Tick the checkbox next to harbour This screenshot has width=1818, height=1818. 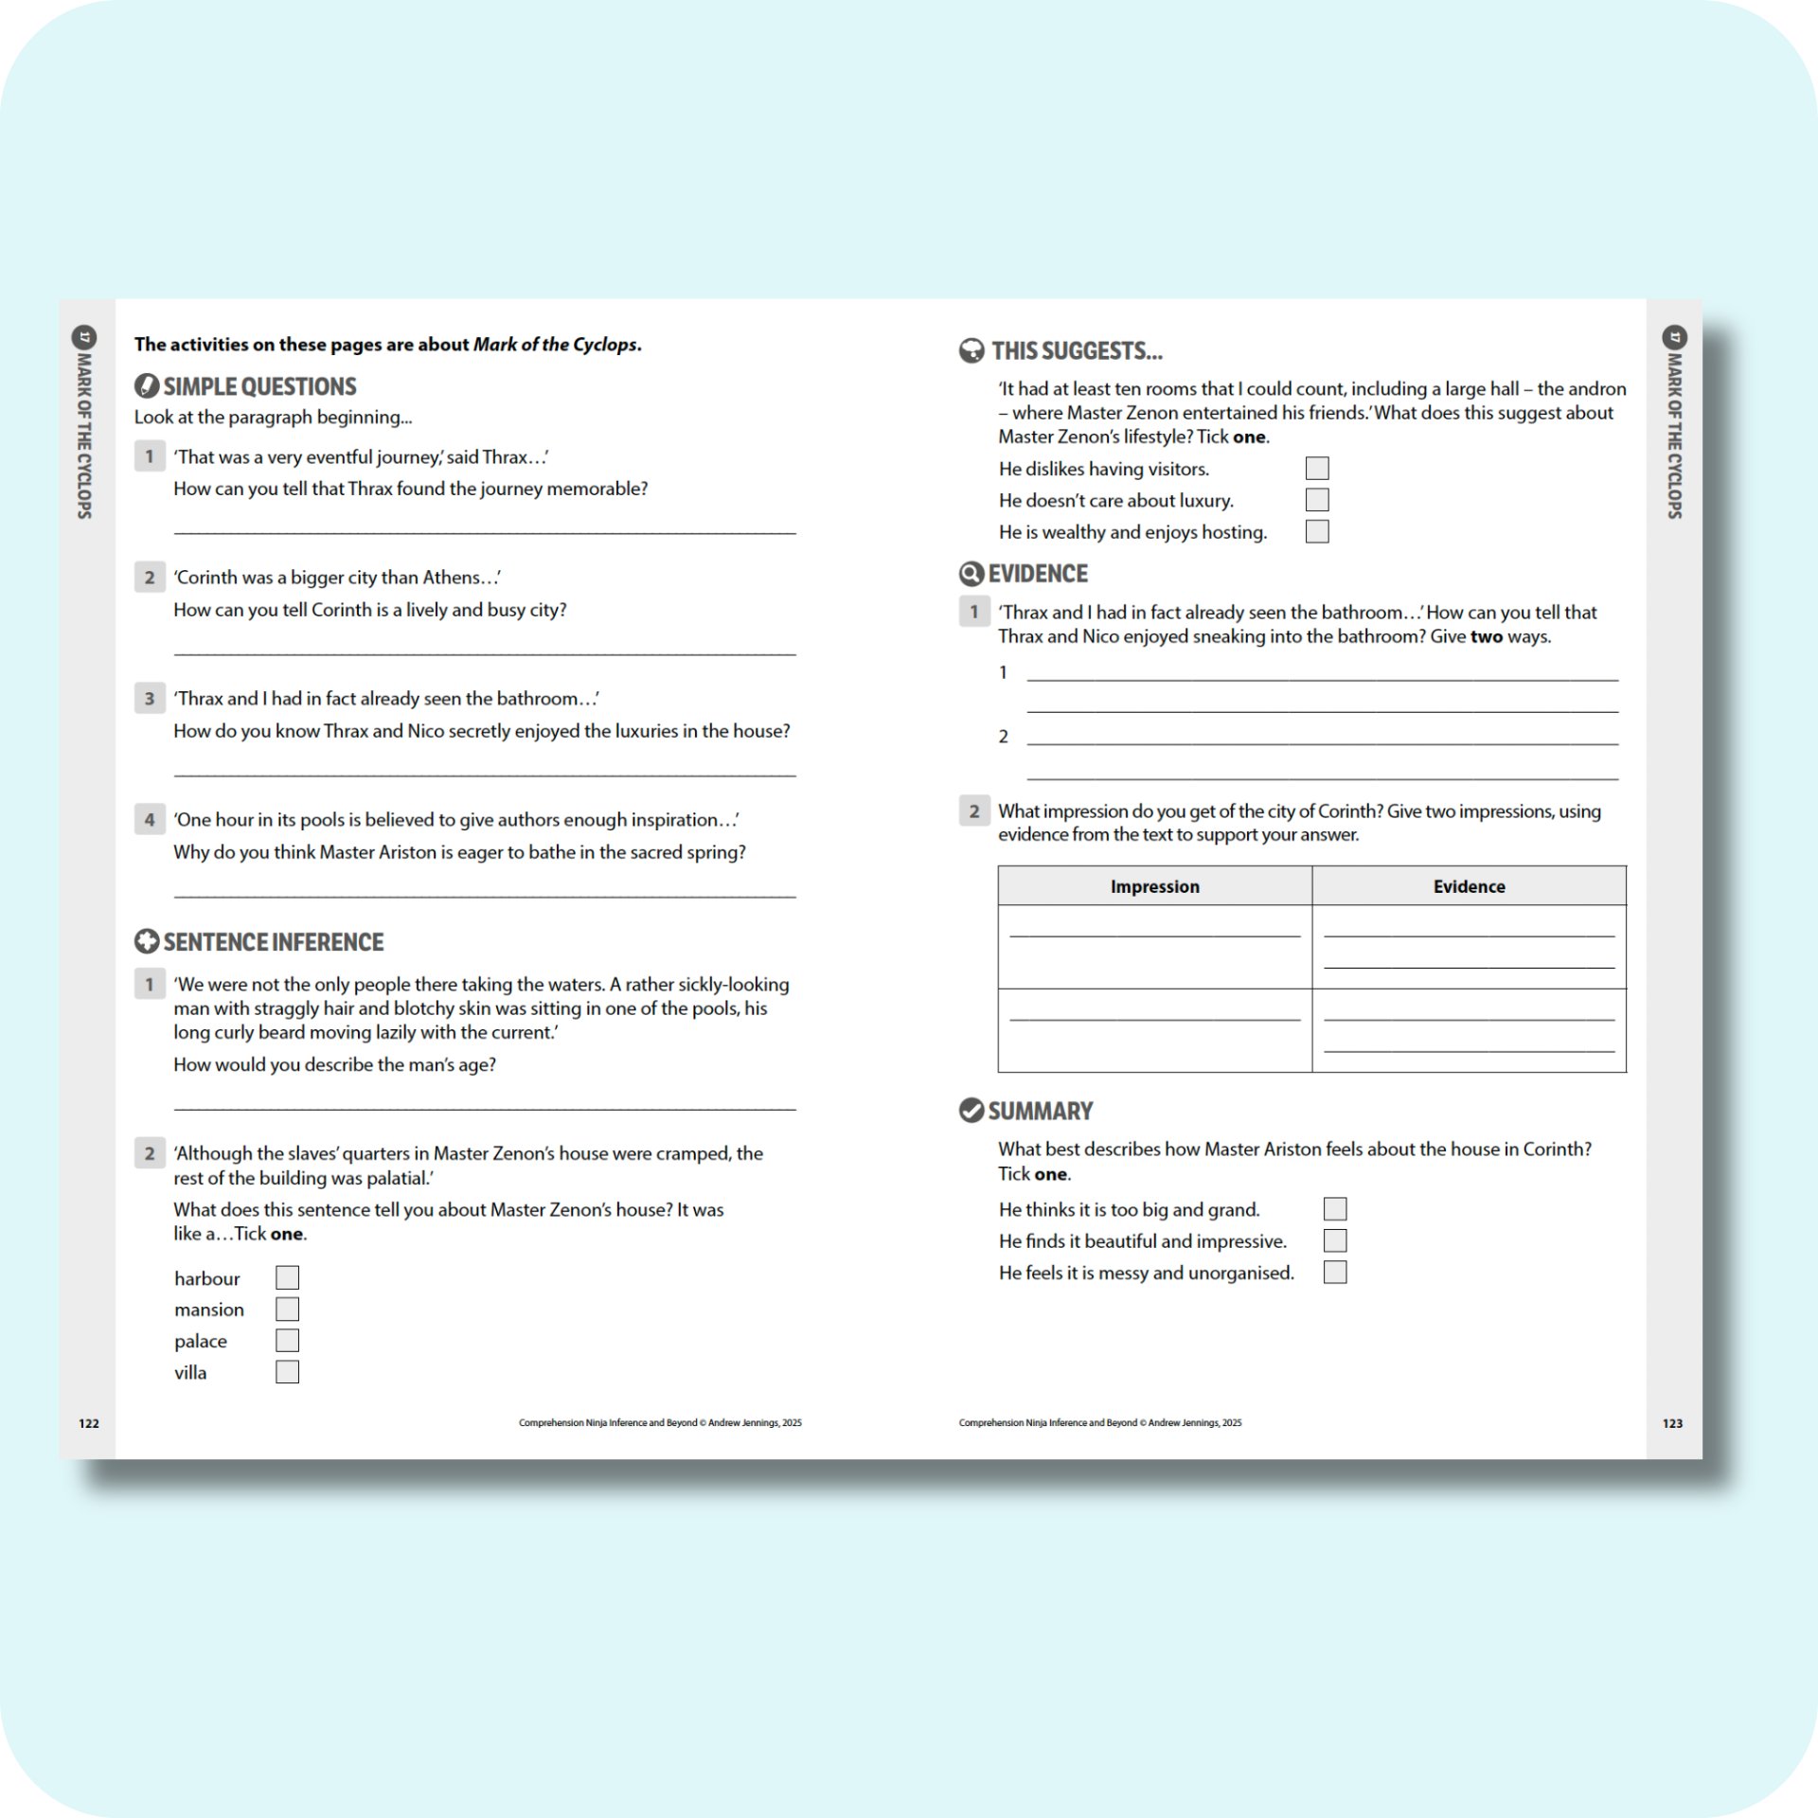287,1277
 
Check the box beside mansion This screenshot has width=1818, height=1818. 287,1309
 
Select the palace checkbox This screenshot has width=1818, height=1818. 287,1340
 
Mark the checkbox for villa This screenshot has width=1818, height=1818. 287,1371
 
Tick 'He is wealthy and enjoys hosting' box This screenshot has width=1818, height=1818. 1316,531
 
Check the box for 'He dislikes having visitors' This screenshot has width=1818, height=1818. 1316,468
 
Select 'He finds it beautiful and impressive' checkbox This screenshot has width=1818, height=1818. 1334,1240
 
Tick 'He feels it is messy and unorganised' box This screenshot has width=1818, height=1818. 1334,1272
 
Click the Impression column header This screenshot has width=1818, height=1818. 1154,886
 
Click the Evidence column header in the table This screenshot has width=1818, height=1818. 1469,886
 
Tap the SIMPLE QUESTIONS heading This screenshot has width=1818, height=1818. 259,386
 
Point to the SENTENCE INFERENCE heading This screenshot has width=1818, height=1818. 273,942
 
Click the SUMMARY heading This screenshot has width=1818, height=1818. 1040,1111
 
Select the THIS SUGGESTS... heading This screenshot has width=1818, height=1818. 1077,351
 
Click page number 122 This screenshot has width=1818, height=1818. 89,1423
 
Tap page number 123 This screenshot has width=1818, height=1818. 1672,1423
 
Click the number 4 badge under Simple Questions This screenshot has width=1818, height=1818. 150,819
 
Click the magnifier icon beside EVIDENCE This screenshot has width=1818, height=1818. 971,574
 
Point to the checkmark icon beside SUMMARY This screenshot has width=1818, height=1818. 971,1110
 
